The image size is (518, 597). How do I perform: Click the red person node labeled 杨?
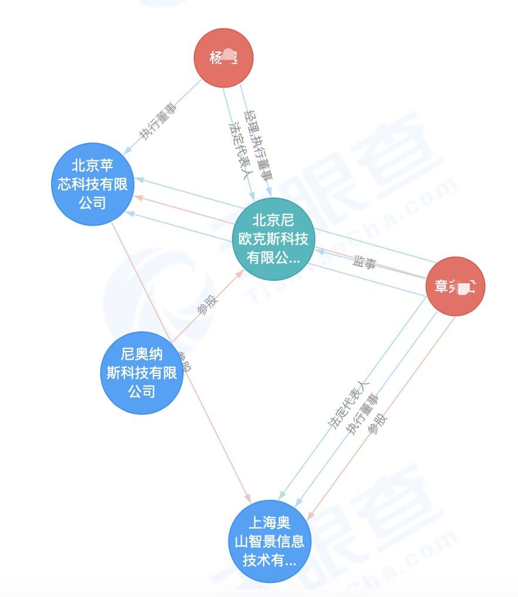(x=224, y=58)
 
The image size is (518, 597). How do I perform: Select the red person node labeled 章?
(x=455, y=286)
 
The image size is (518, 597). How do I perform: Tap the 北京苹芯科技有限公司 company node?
(x=92, y=184)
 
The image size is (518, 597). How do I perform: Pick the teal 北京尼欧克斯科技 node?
(x=273, y=239)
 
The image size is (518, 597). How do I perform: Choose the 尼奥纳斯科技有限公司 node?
(x=142, y=373)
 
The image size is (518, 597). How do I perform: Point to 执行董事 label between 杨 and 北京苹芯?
(x=157, y=122)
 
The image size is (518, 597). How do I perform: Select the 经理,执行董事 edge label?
(x=258, y=143)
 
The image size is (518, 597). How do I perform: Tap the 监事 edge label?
(x=364, y=263)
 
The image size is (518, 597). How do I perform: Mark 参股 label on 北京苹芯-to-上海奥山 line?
(x=184, y=362)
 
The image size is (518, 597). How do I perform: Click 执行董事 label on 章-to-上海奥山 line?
(x=363, y=415)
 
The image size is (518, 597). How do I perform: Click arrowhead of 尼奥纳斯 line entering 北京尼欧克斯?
(x=240, y=273)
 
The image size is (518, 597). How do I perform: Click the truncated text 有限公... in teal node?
(x=273, y=258)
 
